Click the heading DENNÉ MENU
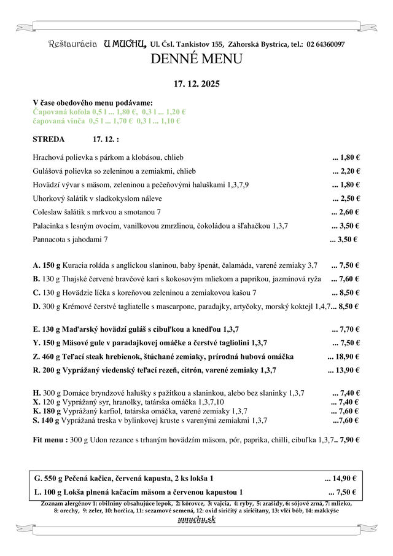[x=196, y=60]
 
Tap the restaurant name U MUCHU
[x=125, y=44]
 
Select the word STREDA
[x=49, y=139]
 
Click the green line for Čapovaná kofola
[x=109, y=112]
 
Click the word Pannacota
[x=50, y=239]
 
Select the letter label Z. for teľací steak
[x=36, y=356]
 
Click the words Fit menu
[x=49, y=439]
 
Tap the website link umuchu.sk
[x=196, y=520]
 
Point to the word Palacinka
[x=49, y=225]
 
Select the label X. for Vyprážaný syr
[x=36, y=402]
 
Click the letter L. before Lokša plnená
[x=39, y=492]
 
